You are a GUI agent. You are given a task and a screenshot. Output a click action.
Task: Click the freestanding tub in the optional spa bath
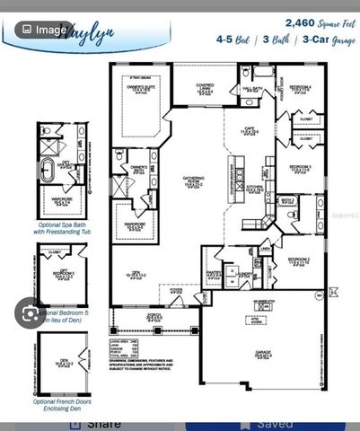point(46,168)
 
